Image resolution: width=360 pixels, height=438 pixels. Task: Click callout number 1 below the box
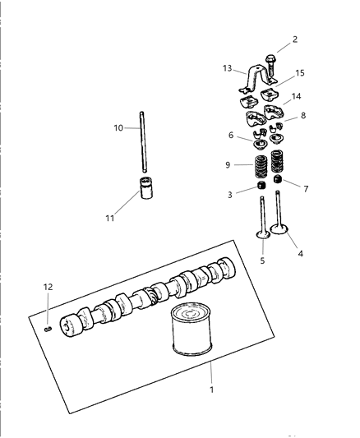point(211,389)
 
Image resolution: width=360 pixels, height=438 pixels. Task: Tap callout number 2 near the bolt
point(295,39)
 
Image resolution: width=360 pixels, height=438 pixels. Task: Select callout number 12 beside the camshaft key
point(48,286)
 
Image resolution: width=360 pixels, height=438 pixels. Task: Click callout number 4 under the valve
point(300,253)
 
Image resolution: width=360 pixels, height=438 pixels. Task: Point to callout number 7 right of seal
point(306,189)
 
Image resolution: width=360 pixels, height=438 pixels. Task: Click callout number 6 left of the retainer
point(232,135)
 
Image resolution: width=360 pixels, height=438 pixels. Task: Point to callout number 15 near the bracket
point(300,73)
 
